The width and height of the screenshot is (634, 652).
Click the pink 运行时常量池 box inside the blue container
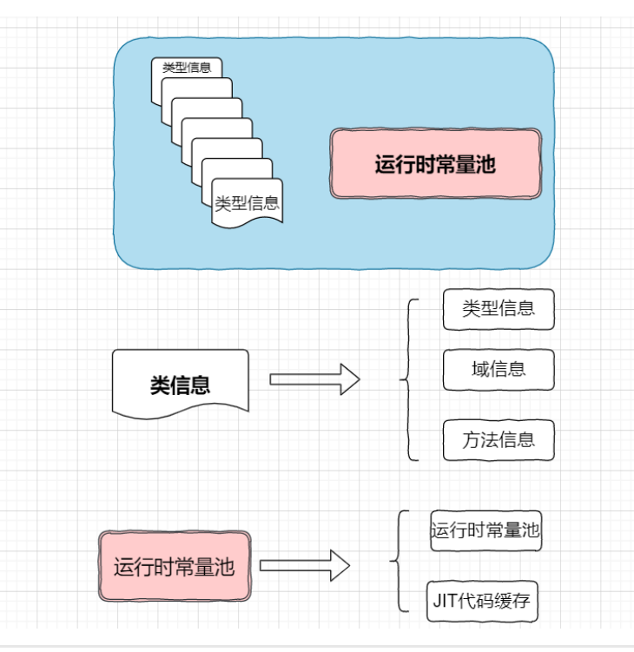435,164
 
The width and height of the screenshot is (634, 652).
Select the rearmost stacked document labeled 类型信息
187,68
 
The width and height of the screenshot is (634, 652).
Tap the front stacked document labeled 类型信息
248,204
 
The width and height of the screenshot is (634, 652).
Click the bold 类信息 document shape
180,383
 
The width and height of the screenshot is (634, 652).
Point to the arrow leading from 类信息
314,379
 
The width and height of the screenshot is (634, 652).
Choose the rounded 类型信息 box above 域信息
499,309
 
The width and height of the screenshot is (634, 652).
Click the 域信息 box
499,369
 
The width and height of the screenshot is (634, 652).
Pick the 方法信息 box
499,439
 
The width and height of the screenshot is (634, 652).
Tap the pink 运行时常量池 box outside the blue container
175,567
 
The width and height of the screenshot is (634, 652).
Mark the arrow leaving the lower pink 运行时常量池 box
304,566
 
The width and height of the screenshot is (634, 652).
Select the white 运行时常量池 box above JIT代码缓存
485,530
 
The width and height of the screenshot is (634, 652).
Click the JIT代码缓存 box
486,601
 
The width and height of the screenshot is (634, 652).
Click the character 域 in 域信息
481,369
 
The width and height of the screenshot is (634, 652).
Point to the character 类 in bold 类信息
160,385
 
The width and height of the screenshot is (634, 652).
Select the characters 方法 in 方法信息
480,439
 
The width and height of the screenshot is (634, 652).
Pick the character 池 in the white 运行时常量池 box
530,530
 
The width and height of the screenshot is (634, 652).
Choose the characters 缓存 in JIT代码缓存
518,601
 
